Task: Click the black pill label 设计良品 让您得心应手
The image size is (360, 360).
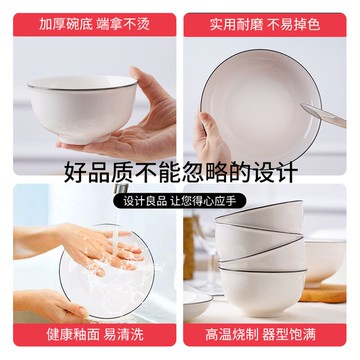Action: pyautogui.click(x=180, y=199)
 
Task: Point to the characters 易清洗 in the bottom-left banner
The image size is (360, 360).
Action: pyautogui.click(x=124, y=338)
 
